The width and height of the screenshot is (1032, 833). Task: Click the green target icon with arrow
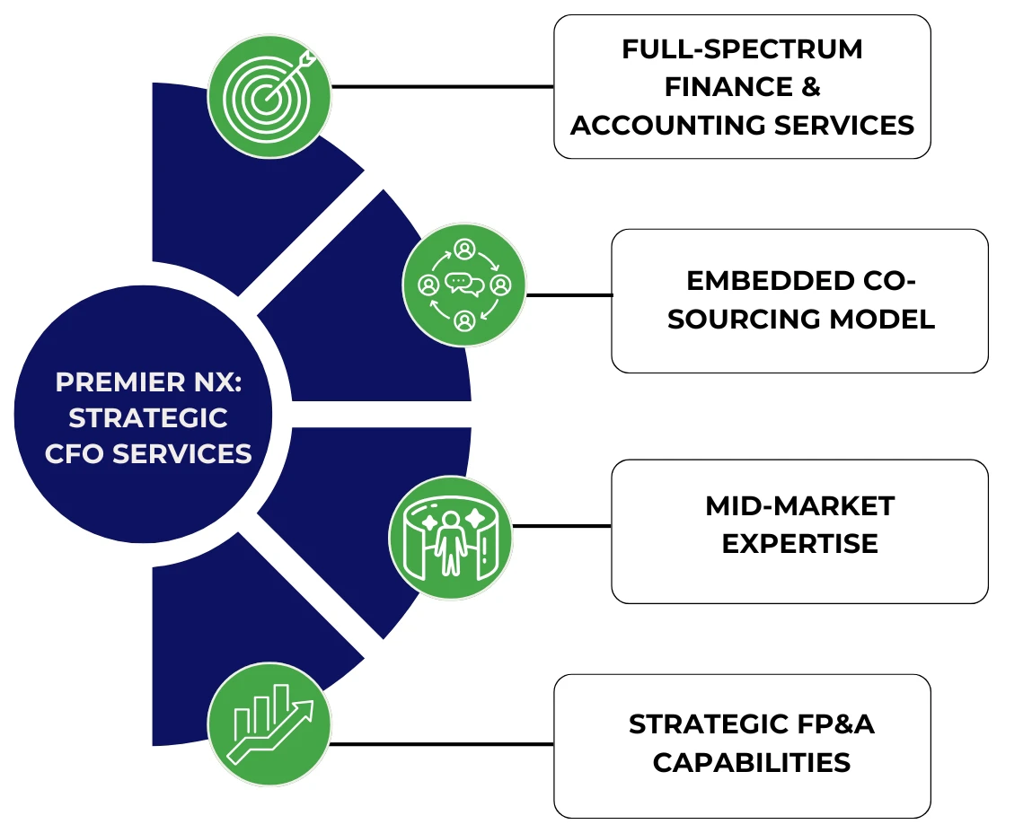[x=269, y=95]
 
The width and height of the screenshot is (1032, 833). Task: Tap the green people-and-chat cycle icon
[x=464, y=285]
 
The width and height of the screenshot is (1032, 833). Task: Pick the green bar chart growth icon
[x=269, y=724]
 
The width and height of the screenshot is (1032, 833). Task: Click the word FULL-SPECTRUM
[x=742, y=49]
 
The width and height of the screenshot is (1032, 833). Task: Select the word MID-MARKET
[x=799, y=506]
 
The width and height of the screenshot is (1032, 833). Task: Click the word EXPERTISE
[x=799, y=544]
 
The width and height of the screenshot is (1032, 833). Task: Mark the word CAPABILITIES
[x=751, y=762]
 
